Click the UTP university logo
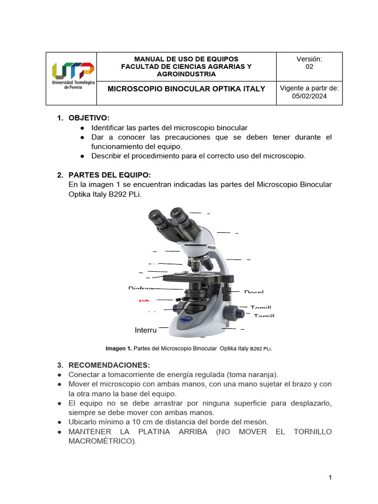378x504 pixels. (72, 75)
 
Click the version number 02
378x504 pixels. (309, 67)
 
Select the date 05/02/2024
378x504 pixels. (309, 96)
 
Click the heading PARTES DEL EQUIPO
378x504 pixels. (109, 175)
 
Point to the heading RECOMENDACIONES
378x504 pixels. (109, 365)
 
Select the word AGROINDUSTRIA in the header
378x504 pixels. (186, 74)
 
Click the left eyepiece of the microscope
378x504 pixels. (157, 217)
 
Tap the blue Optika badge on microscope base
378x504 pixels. (185, 319)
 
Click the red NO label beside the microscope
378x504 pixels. (144, 301)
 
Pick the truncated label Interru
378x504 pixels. (146, 330)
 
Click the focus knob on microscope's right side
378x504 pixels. (233, 312)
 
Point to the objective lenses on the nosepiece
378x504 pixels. (196, 265)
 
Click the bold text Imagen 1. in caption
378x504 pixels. (119, 349)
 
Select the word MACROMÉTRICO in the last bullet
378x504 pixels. (101, 441)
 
